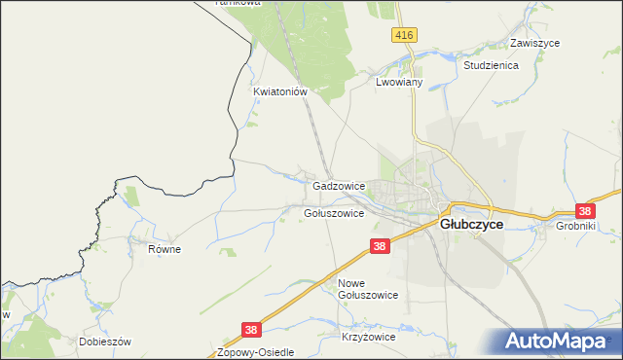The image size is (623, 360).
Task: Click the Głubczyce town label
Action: click(x=472, y=224)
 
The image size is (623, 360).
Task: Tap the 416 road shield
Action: click(x=406, y=35)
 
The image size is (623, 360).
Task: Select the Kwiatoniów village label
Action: click(x=280, y=92)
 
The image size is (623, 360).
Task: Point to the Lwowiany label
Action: click(x=398, y=84)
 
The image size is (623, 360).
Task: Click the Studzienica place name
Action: click(x=492, y=65)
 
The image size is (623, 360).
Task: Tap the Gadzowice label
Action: click(x=339, y=185)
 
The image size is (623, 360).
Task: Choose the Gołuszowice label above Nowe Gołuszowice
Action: click(x=334, y=213)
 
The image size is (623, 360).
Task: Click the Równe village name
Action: click(x=165, y=249)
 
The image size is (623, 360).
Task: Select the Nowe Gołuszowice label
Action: click(x=368, y=289)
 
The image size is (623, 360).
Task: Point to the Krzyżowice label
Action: click(x=368, y=337)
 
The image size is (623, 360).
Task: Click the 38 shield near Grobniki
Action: click(x=584, y=210)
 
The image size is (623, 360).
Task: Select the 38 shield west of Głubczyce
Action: click(x=380, y=247)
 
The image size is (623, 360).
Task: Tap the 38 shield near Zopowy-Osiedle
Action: click(x=251, y=331)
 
